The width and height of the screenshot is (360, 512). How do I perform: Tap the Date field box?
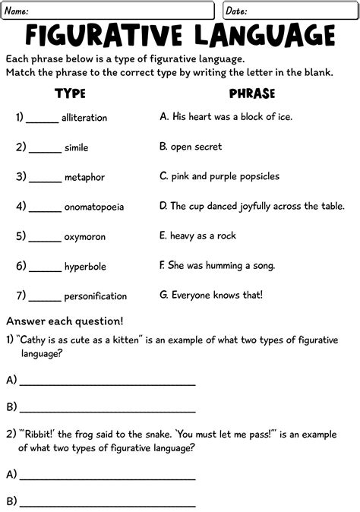[x=288, y=11]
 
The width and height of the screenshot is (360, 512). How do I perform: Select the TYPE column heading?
[x=70, y=93]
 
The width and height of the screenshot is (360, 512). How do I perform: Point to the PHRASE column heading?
[x=252, y=93]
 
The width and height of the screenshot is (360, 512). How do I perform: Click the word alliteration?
[x=84, y=118]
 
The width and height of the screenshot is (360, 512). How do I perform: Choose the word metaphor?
[x=84, y=177]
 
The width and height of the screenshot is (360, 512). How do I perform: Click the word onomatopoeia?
[x=94, y=207]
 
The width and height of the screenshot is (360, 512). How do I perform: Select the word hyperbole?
[x=84, y=267]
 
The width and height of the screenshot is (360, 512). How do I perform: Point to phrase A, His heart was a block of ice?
[x=226, y=117]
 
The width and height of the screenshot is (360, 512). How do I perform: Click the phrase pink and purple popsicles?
[x=219, y=176]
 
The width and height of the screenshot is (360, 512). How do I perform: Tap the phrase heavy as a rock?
[x=197, y=235]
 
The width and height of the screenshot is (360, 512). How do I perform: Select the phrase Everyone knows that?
[x=222, y=295]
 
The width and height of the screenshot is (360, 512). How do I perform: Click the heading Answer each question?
[x=65, y=321]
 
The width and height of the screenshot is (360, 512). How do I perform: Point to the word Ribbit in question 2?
[x=41, y=435]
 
